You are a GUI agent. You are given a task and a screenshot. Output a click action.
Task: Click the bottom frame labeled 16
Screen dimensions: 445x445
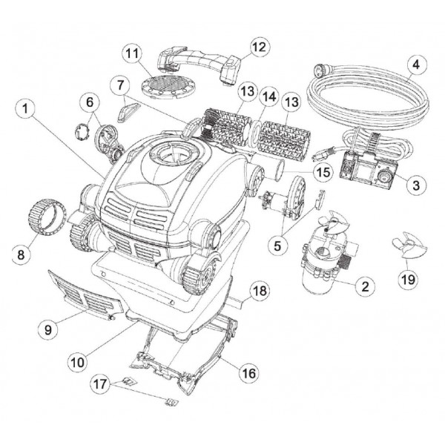(185, 356)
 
